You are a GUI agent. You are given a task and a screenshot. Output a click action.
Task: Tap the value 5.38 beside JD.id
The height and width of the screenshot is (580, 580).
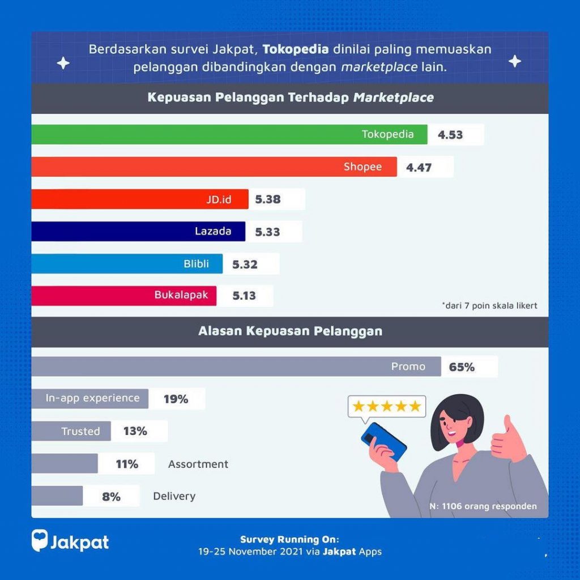click(268, 199)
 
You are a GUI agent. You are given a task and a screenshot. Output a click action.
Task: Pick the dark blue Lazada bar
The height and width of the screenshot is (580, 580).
click(138, 232)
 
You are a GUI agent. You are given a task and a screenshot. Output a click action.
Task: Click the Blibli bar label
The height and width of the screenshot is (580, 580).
click(196, 264)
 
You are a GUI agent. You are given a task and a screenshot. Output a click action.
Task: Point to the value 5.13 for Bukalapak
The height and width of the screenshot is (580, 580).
click(244, 296)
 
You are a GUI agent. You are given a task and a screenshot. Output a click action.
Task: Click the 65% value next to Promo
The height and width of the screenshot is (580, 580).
click(462, 367)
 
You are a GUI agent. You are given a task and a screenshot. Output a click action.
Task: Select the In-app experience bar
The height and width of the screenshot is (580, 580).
click(90, 399)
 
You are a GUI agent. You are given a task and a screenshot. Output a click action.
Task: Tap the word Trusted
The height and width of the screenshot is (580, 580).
click(80, 432)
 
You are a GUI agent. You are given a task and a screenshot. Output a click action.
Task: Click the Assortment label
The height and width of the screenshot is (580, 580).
click(198, 464)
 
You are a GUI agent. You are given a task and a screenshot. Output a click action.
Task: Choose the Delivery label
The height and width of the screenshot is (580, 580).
click(174, 496)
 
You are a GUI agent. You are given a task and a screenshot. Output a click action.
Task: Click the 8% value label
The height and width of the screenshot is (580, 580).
click(111, 497)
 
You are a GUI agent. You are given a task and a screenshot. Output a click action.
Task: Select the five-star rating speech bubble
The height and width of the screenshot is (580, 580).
click(387, 407)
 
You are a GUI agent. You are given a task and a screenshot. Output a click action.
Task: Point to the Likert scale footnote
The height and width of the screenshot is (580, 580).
click(489, 306)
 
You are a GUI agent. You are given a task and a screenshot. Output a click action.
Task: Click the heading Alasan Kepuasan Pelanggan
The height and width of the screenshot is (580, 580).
click(290, 331)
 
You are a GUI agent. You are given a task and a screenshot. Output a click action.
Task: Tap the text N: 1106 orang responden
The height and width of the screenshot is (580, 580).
click(483, 506)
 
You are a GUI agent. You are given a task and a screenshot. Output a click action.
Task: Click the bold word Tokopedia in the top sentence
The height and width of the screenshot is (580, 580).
click(296, 49)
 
